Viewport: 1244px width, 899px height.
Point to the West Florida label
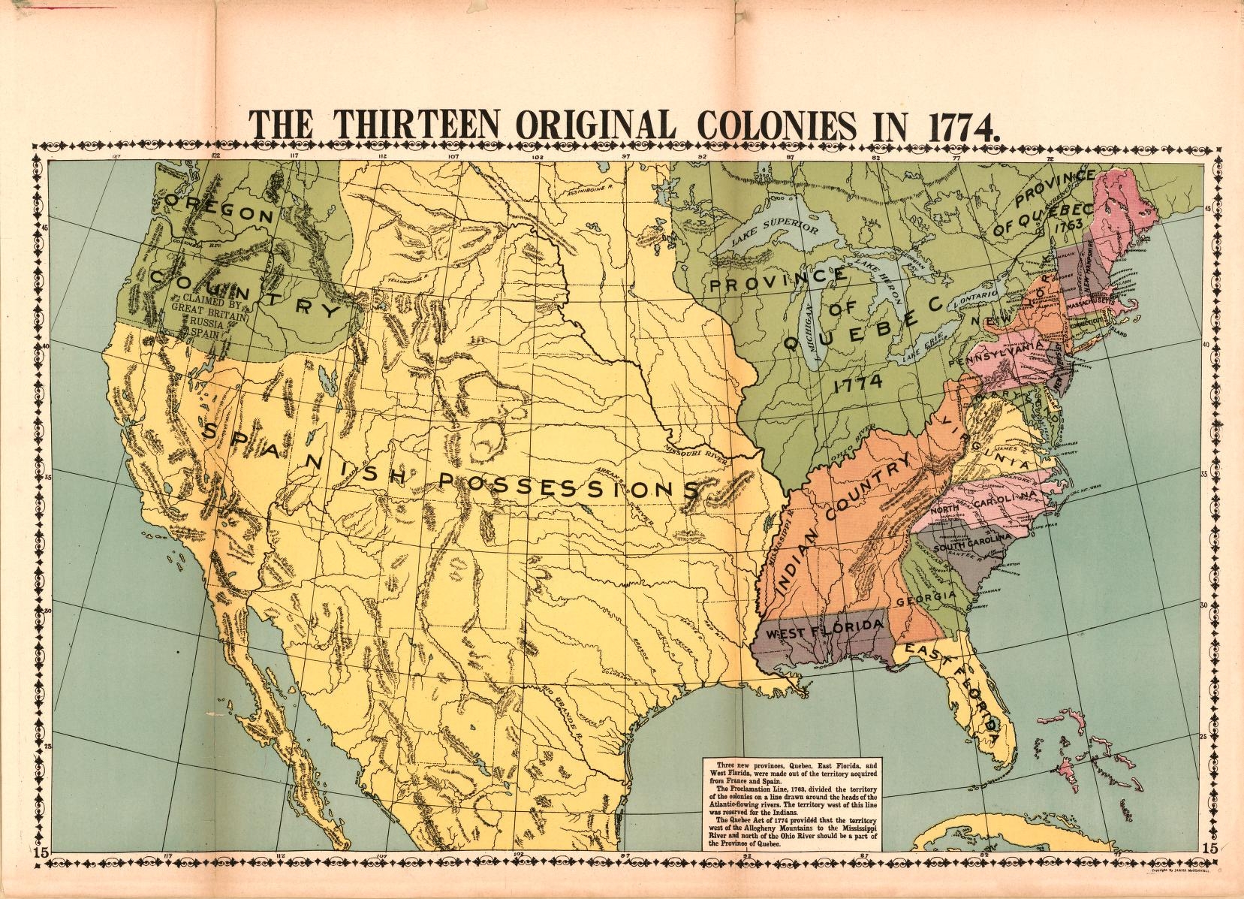(822, 629)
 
